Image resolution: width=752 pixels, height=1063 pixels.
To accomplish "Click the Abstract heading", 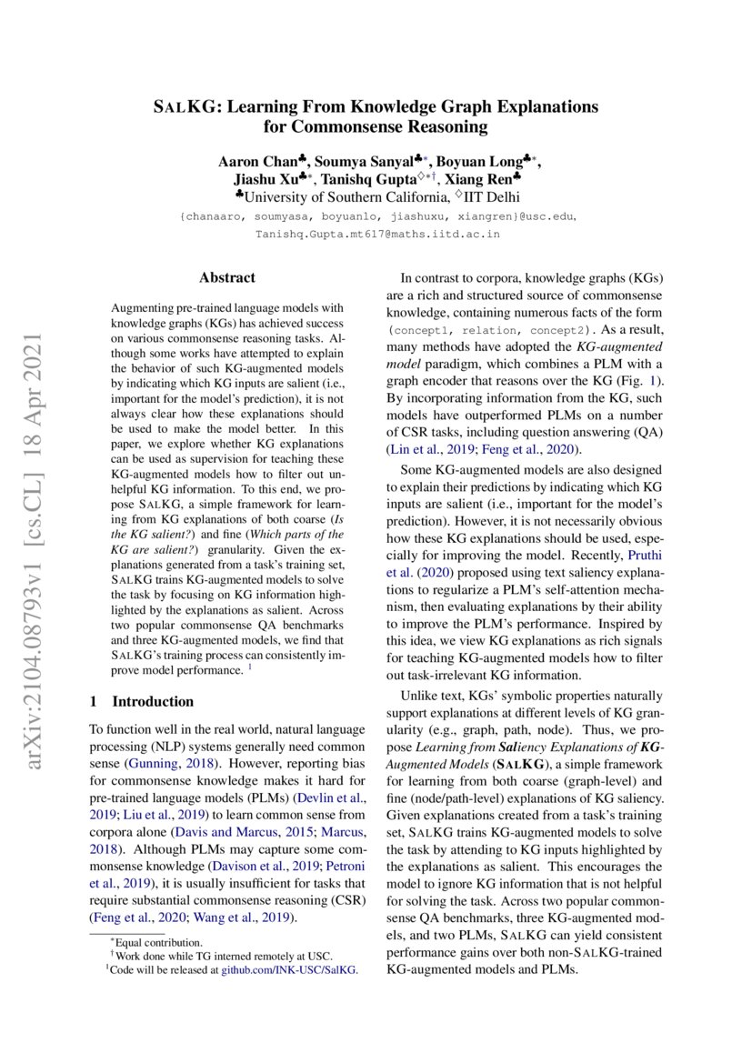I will pos(227,277).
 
